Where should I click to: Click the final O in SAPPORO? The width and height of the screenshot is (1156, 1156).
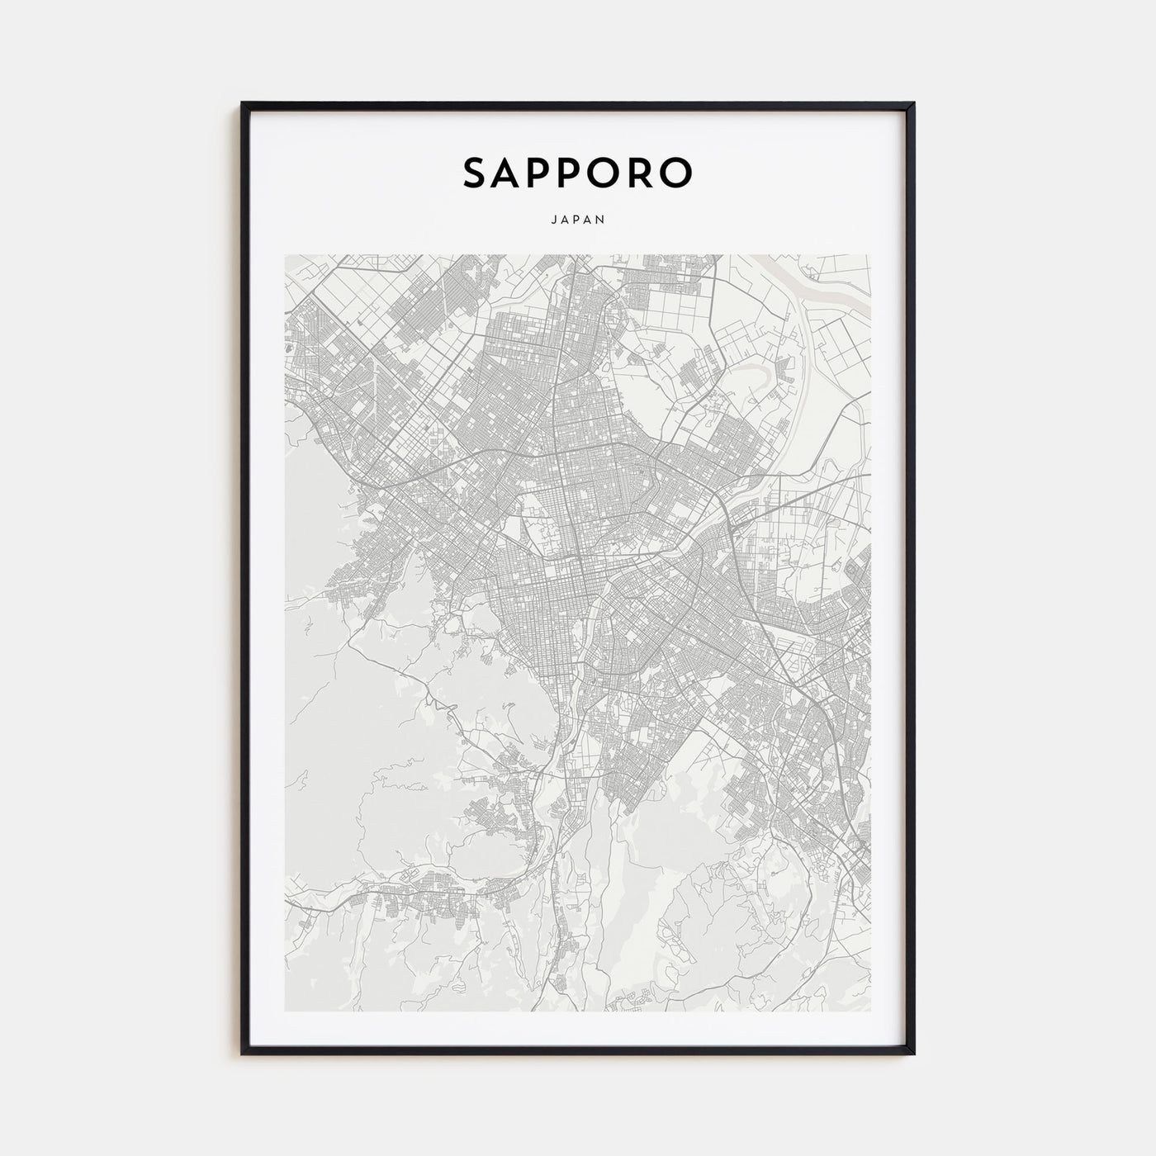677,173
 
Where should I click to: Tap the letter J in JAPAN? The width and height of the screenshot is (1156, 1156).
551,220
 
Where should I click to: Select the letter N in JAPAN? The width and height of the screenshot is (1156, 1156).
603,220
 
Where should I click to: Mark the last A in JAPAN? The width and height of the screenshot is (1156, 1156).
590,220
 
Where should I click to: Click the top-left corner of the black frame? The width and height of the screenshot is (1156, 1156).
243,104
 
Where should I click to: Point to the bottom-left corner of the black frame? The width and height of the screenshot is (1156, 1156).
243,1054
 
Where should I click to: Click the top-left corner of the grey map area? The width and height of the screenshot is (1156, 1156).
285,255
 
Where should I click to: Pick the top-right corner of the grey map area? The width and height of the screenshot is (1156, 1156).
871,255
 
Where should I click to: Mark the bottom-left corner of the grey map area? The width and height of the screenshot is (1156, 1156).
285,1011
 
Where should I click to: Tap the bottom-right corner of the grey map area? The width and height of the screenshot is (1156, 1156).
871,1011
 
